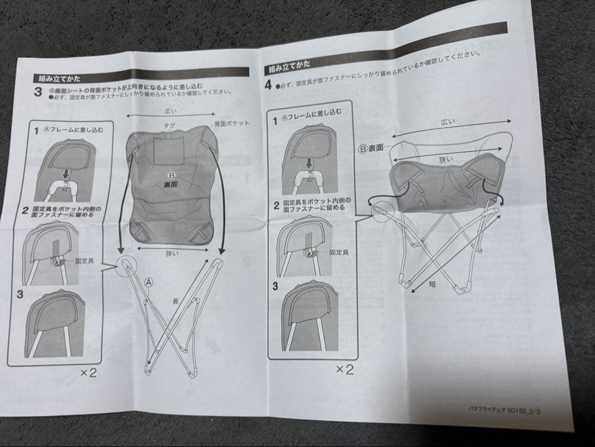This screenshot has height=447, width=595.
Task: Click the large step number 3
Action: point(37,92)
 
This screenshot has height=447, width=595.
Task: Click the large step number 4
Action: point(268,85)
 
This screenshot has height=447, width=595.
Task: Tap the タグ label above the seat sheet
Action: point(169,126)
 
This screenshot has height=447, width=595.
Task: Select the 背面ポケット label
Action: point(231,123)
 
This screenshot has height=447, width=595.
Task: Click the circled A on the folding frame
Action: point(148,281)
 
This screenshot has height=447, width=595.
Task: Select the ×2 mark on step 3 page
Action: point(88,373)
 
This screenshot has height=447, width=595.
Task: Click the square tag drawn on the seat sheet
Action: point(169,149)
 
